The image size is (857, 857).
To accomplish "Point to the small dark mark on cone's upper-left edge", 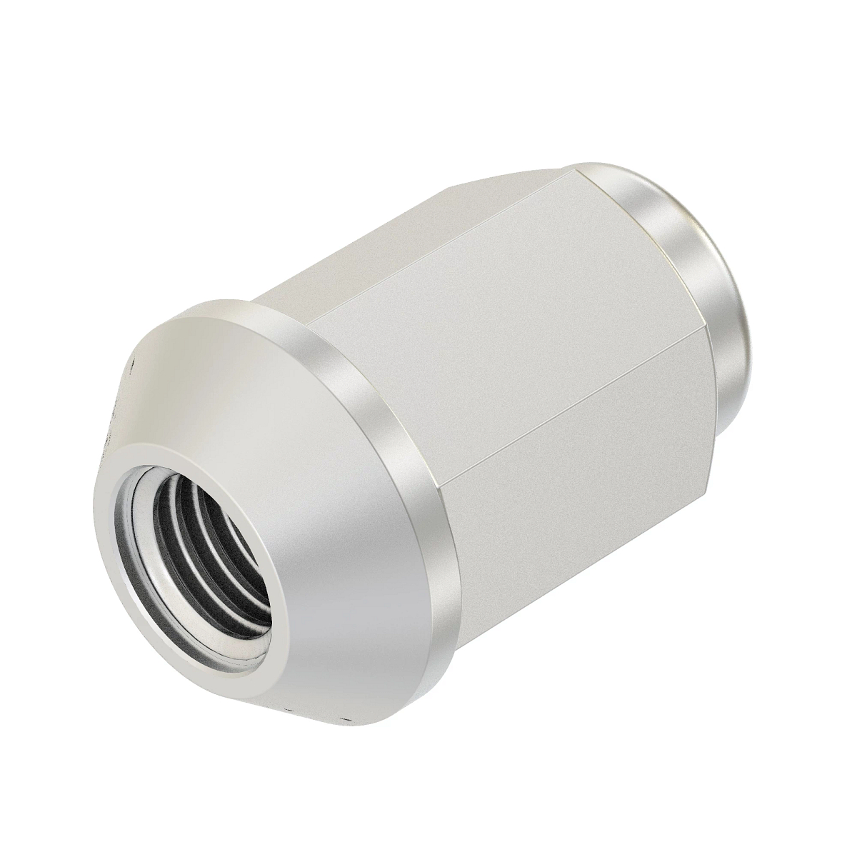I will pos(131,369).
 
